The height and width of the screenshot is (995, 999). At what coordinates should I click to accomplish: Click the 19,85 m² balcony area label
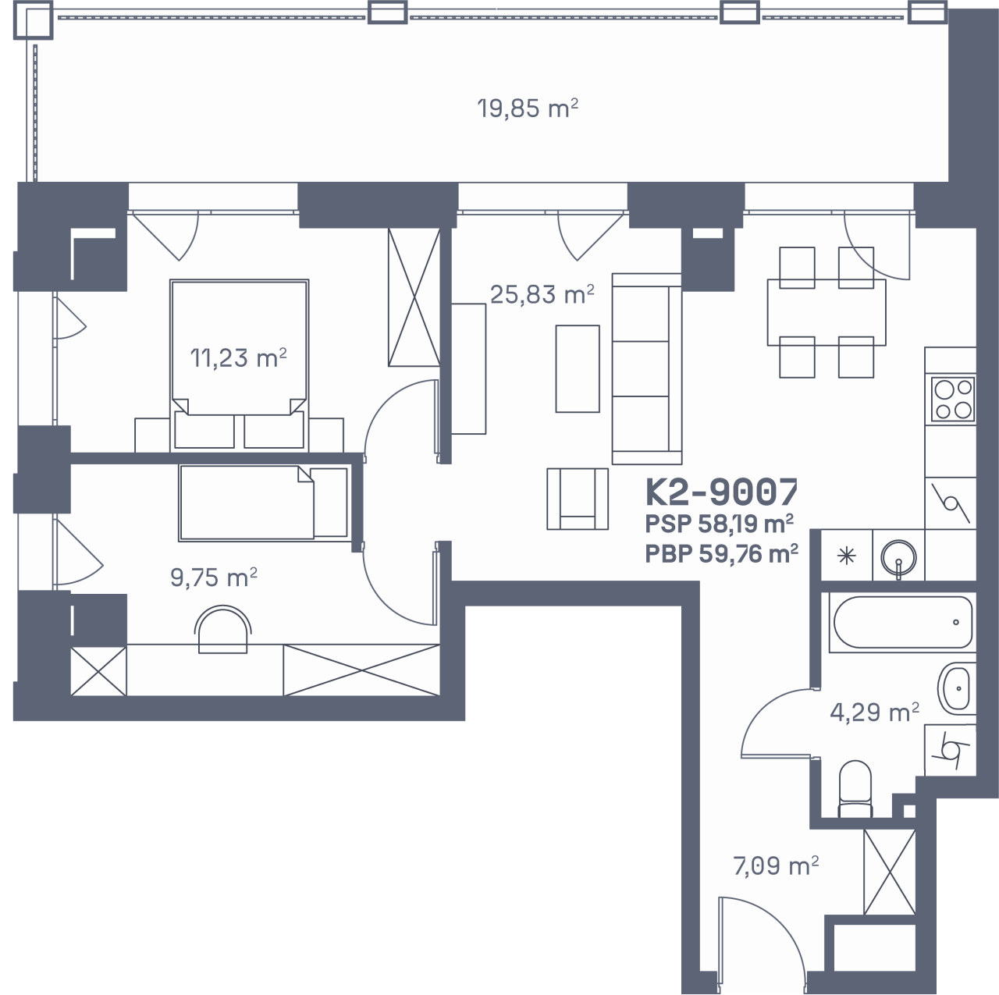click(528, 109)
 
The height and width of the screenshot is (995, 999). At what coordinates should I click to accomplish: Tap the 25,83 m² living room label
click(542, 294)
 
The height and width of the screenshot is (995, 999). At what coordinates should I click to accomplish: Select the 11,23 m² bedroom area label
click(239, 357)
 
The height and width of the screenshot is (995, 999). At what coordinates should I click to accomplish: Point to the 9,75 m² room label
click(214, 577)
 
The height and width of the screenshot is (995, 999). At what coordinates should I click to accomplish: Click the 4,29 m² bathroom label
click(875, 712)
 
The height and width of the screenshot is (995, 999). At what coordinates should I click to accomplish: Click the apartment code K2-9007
click(722, 492)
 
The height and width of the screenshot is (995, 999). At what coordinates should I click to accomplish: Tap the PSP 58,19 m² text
click(719, 524)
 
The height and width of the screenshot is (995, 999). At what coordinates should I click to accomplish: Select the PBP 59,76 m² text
click(721, 554)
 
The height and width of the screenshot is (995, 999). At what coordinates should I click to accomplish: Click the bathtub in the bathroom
click(902, 622)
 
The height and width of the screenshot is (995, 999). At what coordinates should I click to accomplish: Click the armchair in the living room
click(578, 499)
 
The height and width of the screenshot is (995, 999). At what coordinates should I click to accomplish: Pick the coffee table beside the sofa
click(578, 368)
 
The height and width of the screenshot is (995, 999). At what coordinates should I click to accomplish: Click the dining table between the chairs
click(827, 312)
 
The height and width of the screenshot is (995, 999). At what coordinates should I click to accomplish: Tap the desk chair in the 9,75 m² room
click(223, 630)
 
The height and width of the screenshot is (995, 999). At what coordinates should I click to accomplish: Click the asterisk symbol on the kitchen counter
click(847, 556)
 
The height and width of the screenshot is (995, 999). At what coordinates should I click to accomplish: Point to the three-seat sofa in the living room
click(646, 368)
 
